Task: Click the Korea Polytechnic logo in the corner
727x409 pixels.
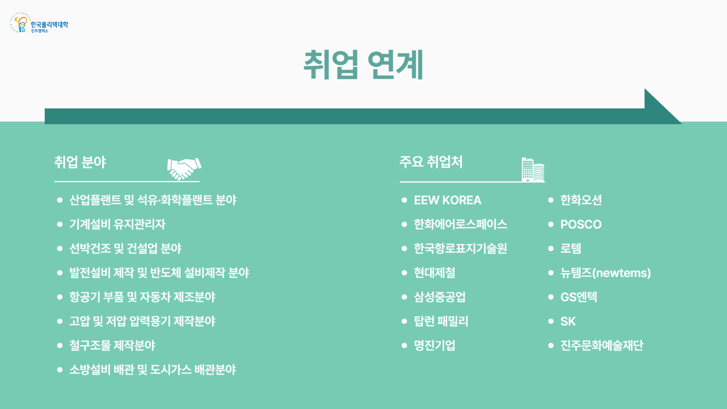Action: click(39, 23)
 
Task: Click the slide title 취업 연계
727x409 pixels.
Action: click(363, 65)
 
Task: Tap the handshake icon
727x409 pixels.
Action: click(184, 169)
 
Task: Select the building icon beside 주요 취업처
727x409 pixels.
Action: click(533, 170)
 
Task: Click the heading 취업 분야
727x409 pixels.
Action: click(80, 162)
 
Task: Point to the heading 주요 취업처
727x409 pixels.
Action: click(431, 162)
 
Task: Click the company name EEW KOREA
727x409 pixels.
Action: click(448, 200)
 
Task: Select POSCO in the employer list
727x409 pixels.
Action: click(581, 224)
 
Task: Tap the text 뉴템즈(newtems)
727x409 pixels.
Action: click(605, 273)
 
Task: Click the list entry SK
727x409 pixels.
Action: click(568, 321)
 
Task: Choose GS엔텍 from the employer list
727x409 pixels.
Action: click(579, 297)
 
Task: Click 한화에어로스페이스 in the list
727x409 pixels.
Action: click(460, 224)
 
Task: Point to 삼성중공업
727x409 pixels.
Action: click(440, 297)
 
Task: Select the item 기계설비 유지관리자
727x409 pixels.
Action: click(117, 224)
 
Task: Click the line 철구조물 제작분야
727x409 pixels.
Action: click(112, 345)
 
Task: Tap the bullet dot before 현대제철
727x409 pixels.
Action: click(404, 273)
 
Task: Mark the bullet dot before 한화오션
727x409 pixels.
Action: click(551, 200)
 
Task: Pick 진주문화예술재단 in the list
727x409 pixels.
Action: click(602, 345)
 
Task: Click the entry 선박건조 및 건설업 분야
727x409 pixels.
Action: click(125, 248)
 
